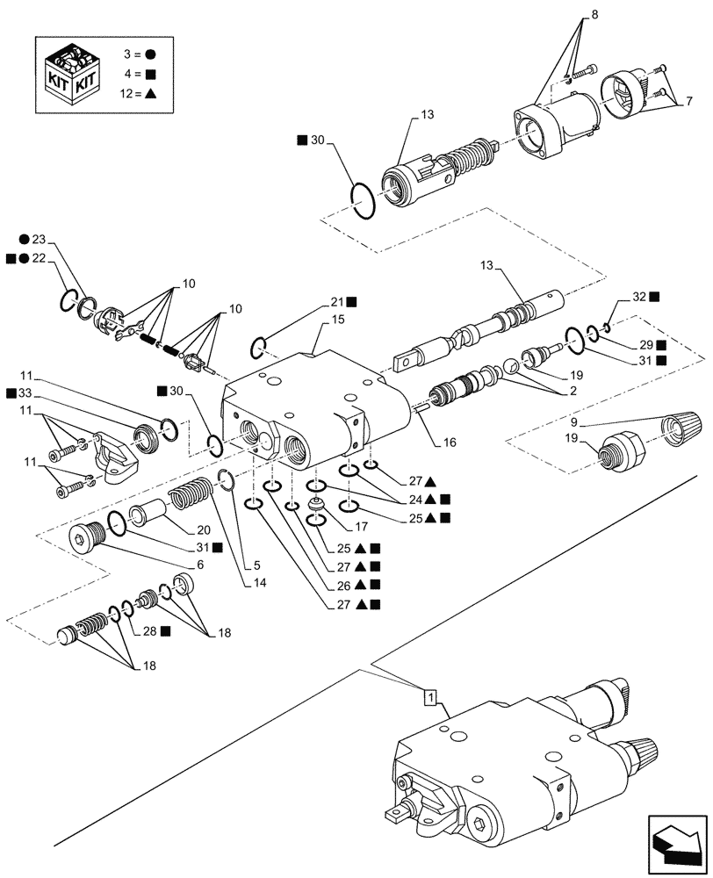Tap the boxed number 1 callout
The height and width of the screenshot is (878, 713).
429,697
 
